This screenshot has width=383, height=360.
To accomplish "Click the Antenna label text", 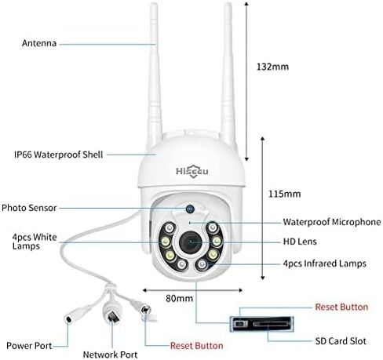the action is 39,43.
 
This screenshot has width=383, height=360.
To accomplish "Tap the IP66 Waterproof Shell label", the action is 59,155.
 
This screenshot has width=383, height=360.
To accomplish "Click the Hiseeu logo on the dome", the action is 192,171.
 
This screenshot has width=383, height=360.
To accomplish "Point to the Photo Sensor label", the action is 29,208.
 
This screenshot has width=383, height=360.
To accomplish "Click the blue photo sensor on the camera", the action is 190,209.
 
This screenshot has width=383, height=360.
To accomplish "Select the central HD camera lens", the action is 191,242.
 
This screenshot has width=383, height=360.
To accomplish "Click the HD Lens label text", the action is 300,242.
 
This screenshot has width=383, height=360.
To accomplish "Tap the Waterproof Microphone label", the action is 332,222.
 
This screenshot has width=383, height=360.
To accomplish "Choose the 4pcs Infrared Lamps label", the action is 325,264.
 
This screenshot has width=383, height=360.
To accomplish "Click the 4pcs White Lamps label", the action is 35,242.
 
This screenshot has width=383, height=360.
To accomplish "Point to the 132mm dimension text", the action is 272,67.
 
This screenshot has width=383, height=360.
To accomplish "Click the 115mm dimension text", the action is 285,194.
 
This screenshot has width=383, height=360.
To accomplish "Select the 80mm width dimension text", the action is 179,298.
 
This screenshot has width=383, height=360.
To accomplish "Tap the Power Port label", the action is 29,346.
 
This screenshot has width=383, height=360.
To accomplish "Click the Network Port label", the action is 110,355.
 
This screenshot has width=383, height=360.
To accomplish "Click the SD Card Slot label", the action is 341,341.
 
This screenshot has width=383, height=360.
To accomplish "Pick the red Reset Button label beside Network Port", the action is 197,346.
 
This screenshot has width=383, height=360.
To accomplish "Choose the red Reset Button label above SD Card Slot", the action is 341,307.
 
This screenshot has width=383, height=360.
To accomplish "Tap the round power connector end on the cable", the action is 69,318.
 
